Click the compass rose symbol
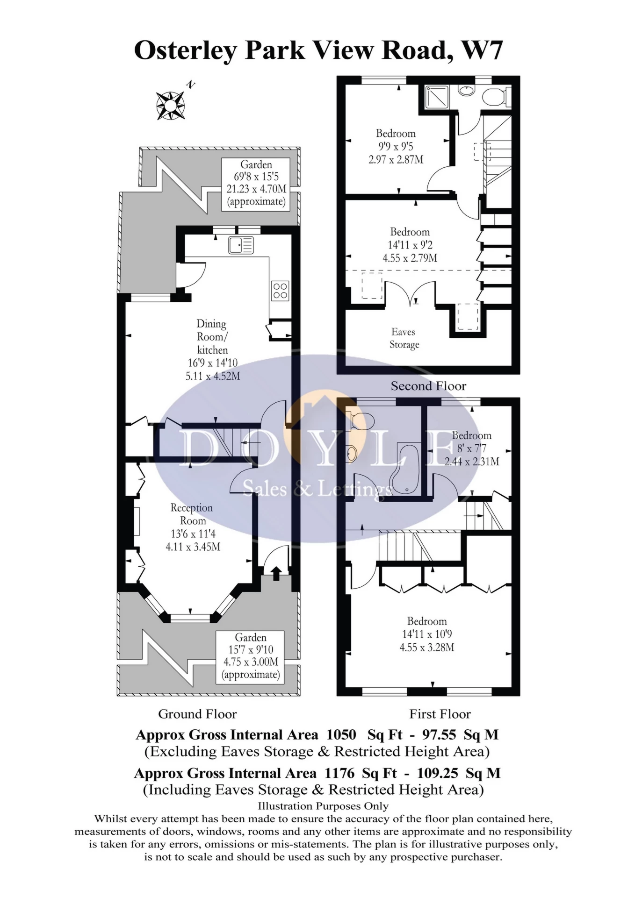click(171, 106)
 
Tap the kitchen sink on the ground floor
click(241, 245)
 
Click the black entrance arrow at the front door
click(276, 573)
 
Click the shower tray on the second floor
click(436, 98)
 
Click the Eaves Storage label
click(404, 338)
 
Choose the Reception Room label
click(192, 514)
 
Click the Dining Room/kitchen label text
click(212, 337)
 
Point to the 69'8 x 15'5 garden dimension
click(256, 177)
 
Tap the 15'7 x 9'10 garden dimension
click(251, 650)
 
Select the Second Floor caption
click(428, 386)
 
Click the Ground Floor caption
click(197, 714)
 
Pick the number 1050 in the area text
click(341, 734)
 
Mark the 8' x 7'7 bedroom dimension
click(472, 448)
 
